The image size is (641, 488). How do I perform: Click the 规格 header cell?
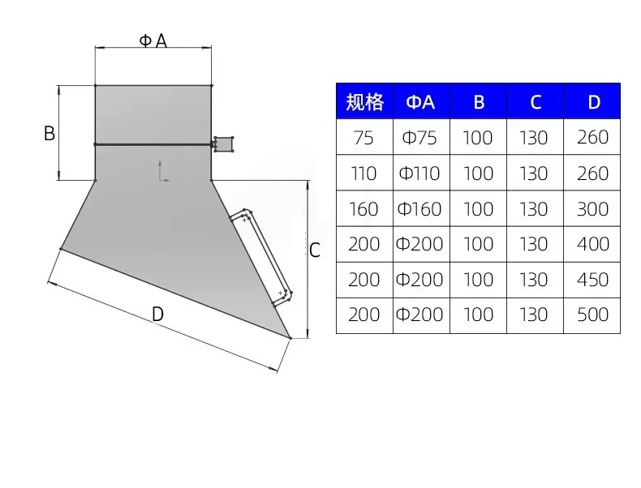364,101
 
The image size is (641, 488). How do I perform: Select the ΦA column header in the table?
421,101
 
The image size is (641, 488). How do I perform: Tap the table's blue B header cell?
478,101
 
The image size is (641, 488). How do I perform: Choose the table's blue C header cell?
536,101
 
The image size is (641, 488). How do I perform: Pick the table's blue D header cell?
592,101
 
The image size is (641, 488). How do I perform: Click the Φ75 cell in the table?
421,137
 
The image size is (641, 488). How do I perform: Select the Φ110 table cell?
421,173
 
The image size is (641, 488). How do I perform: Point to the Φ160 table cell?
421,208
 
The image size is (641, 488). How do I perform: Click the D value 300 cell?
592,208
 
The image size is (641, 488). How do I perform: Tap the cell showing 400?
592,244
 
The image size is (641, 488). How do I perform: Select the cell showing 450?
592,280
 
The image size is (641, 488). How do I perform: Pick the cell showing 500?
592,315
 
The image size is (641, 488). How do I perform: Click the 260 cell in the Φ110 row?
592,173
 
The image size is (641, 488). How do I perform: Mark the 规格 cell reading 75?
364,137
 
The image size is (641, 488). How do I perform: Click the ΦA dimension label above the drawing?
153,41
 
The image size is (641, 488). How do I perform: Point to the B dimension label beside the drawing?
49,133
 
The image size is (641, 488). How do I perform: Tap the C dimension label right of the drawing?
314,250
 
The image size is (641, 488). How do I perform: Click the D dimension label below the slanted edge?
157,314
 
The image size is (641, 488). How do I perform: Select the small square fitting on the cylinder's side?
223,143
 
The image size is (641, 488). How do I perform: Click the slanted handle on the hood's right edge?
260,258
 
